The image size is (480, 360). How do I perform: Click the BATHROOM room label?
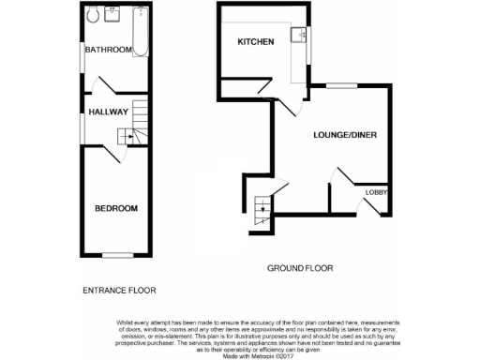click(108, 50)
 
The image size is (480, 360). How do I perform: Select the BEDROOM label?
click(116, 208)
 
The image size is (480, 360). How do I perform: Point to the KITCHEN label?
click(255, 43)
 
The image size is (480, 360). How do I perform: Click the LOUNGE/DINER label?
click(344, 135)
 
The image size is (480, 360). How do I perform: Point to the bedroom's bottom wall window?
click(116, 255)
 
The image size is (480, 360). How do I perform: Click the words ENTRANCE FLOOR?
click(119, 291)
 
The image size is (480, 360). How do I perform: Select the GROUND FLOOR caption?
click(300, 268)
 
